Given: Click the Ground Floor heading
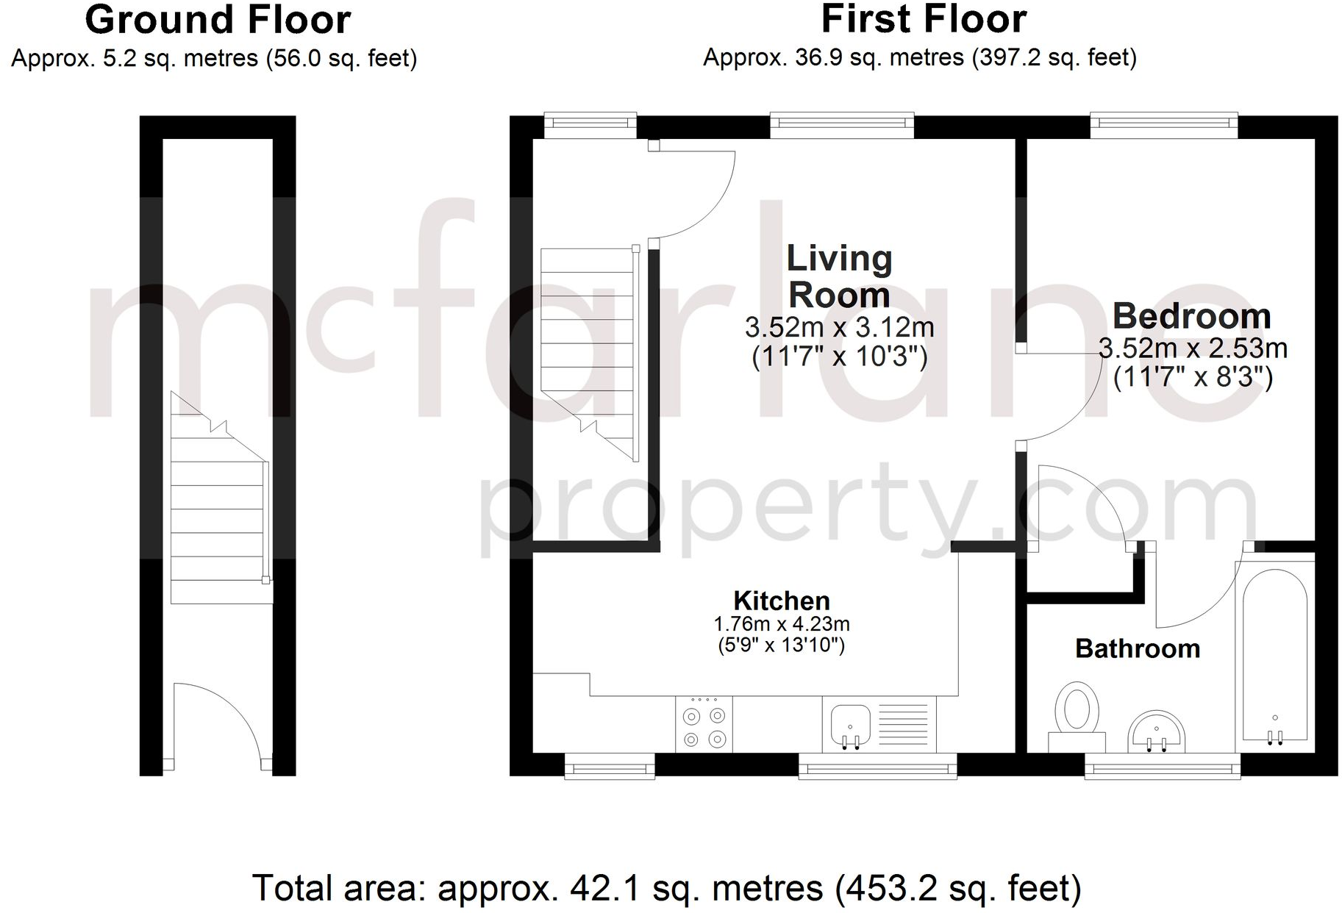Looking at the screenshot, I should [218, 21].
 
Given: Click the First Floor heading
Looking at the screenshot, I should [923, 20].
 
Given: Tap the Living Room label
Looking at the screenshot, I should [839, 276].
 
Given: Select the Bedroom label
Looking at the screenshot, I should [1191, 317].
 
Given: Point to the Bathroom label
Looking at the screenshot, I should [1137, 648].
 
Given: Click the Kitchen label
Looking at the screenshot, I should [781, 601].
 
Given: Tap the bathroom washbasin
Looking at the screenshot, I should [1156, 731].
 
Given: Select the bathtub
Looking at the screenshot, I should [1274, 654].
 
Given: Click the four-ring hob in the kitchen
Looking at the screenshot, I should [704, 726].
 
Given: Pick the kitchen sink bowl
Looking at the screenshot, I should [851, 724].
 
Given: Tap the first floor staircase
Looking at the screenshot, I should [588, 345].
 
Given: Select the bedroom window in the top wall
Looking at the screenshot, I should [1163, 126].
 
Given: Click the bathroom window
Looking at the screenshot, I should [1163, 769].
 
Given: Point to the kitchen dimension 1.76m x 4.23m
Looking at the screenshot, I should [781, 625].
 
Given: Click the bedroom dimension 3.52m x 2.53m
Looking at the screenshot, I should [1192, 348].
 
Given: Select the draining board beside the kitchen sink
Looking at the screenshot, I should [907, 724].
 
